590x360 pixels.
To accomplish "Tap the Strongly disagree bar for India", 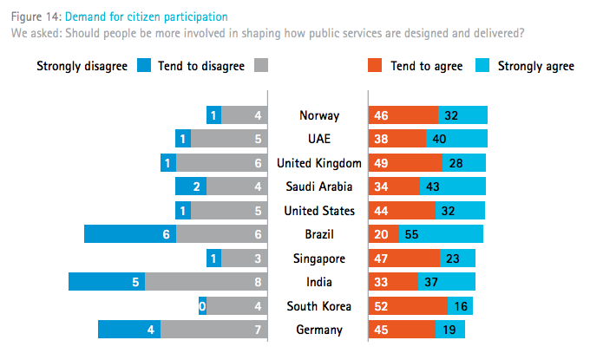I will [x=106, y=282].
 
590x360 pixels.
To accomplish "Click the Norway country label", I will [x=319, y=115].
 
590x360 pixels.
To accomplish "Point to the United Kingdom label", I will [x=319, y=163].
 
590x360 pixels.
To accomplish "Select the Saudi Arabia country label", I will [x=319, y=187].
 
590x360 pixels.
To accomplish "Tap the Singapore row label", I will [x=319, y=259].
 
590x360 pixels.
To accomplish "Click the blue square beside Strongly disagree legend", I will [x=144, y=66].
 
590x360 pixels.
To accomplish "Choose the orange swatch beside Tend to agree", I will [x=375, y=66].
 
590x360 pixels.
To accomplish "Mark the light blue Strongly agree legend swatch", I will [x=482, y=66].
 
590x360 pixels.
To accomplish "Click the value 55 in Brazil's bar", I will [x=413, y=234].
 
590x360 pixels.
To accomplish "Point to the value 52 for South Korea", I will [x=379, y=306].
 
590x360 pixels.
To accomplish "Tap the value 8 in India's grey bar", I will [x=258, y=282].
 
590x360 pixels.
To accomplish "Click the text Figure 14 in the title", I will [x=34, y=16].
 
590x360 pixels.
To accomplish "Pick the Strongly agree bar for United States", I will [x=460, y=211].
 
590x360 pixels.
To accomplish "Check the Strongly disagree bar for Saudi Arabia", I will [x=191, y=187].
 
